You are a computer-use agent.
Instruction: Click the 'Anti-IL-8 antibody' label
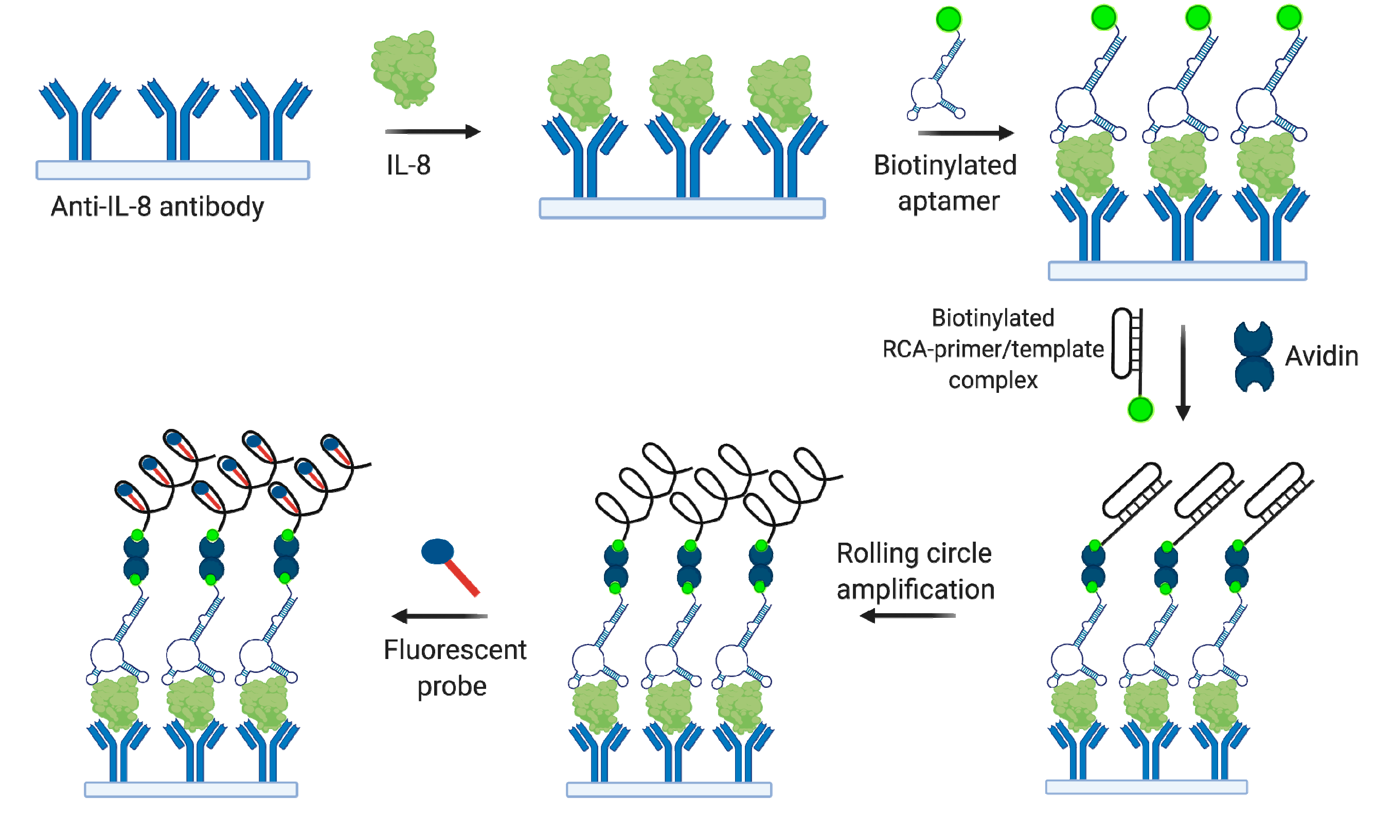coord(157,207)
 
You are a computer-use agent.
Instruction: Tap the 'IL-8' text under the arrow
coord(408,165)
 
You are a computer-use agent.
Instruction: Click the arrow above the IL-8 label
coord(433,132)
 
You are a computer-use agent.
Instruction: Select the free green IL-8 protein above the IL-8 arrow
coord(404,68)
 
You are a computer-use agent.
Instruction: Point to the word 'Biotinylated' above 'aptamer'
coord(945,165)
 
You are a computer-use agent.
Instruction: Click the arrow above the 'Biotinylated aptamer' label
coord(966,133)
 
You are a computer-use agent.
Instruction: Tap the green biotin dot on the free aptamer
coord(949,20)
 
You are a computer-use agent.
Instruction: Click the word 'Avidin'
coord(1322,356)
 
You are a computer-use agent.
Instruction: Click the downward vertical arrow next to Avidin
coord(1183,373)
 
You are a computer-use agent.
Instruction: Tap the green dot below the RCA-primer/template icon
coord(1140,410)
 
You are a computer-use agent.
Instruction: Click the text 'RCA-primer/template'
coord(992,350)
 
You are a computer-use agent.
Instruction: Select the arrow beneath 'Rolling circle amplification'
coord(907,616)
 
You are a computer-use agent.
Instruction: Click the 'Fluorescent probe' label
coord(454,668)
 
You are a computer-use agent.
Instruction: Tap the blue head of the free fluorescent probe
coord(437,552)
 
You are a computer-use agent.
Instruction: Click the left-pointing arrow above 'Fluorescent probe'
coord(439,616)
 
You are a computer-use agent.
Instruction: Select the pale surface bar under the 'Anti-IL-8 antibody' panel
coord(173,170)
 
